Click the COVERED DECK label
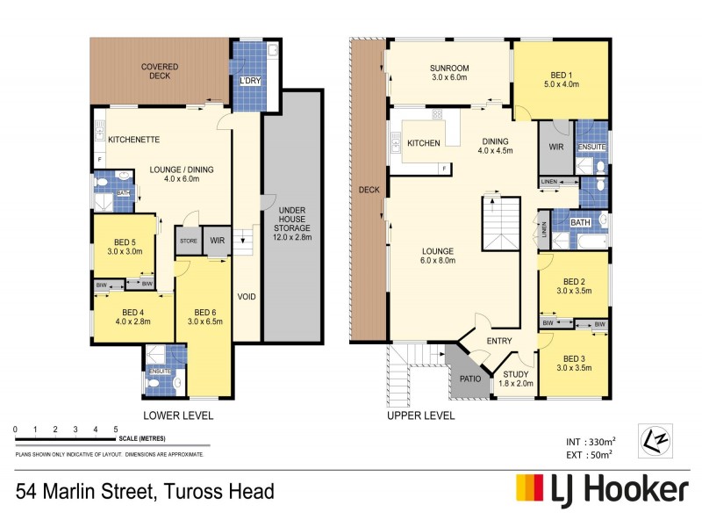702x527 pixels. [x=160, y=70]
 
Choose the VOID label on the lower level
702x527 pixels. [x=247, y=297]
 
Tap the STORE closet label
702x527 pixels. [x=188, y=241]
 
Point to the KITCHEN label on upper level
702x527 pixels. [x=423, y=142]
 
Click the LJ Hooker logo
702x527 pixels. [x=601, y=488]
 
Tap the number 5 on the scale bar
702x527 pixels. [x=116, y=429]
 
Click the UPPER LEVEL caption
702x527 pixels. [x=420, y=415]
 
